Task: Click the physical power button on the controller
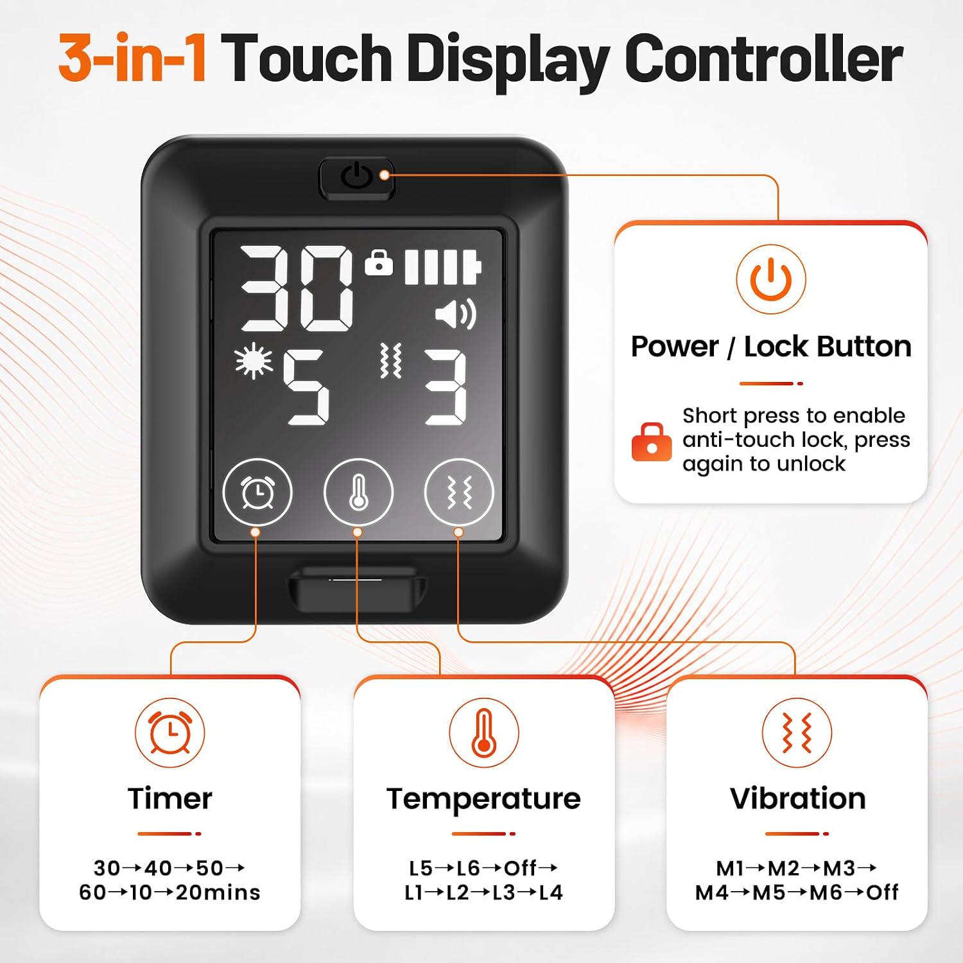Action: (x=356, y=178)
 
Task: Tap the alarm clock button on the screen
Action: (x=257, y=492)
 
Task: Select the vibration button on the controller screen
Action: (x=459, y=492)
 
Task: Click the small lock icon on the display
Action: (x=379, y=262)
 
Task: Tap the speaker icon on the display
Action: (x=456, y=314)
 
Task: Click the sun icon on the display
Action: (x=253, y=360)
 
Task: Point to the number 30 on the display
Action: (x=297, y=288)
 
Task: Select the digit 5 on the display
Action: (x=306, y=387)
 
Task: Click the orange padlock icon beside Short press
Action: (x=652, y=442)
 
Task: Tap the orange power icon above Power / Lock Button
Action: (x=771, y=279)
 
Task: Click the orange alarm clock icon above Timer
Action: (x=170, y=733)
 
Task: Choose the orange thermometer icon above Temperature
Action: (x=484, y=733)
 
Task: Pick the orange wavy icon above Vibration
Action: (x=797, y=733)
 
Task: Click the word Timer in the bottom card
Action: (x=170, y=799)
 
